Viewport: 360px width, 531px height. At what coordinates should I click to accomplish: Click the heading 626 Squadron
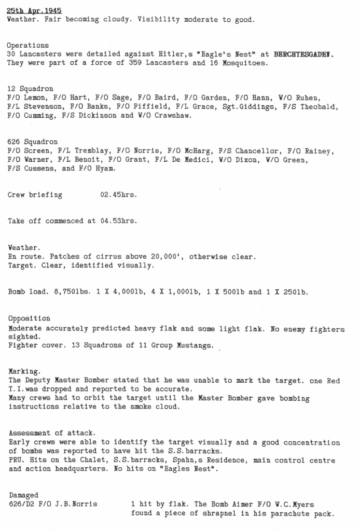coord(33,142)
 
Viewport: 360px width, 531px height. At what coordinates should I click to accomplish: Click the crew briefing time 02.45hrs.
coord(118,195)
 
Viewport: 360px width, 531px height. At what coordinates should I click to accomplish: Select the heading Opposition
coord(30,318)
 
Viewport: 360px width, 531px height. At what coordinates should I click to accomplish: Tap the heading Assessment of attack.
coord(50,434)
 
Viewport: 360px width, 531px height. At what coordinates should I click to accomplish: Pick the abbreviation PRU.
coord(16,460)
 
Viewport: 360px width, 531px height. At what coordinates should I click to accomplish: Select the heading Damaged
coord(23,495)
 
